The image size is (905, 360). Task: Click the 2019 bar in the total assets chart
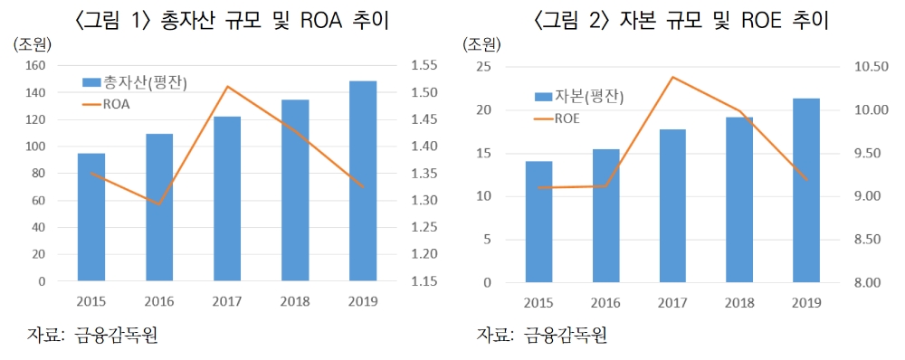pyautogui.click(x=362, y=181)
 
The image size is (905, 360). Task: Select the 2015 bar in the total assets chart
pyautogui.click(x=90, y=217)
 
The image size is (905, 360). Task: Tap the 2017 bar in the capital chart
pyautogui.click(x=672, y=205)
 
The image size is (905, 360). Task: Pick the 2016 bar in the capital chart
pyautogui.click(x=605, y=215)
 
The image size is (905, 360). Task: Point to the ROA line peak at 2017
pyautogui.click(x=227, y=87)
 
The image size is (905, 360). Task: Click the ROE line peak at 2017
pyautogui.click(x=672, y=77)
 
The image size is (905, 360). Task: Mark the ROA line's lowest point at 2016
pyautogui.click(x=159, y=204)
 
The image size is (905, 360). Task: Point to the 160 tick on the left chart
pyautogui.click(x=34, y=66)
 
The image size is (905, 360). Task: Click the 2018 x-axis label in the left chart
pyautogui.click(x=294, y=300)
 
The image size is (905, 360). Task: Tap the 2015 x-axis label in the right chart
pyautogui.click(x=538, y=301)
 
